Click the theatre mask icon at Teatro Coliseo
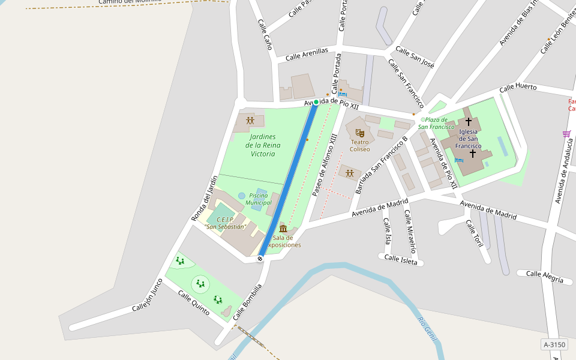(360, 133)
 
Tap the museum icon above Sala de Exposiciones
(283, 229)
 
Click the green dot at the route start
(316, 102)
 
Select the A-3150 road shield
(554, 344)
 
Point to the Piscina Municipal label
(259, 199)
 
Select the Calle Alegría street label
(545, 277)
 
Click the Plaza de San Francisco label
(436, 124)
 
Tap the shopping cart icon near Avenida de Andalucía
(566, 134)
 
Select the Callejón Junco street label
(147, 296)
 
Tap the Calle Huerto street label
(518, 87)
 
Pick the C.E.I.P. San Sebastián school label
(225, 223)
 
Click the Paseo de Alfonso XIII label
(325, 165)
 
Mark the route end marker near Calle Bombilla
(260, 259)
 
